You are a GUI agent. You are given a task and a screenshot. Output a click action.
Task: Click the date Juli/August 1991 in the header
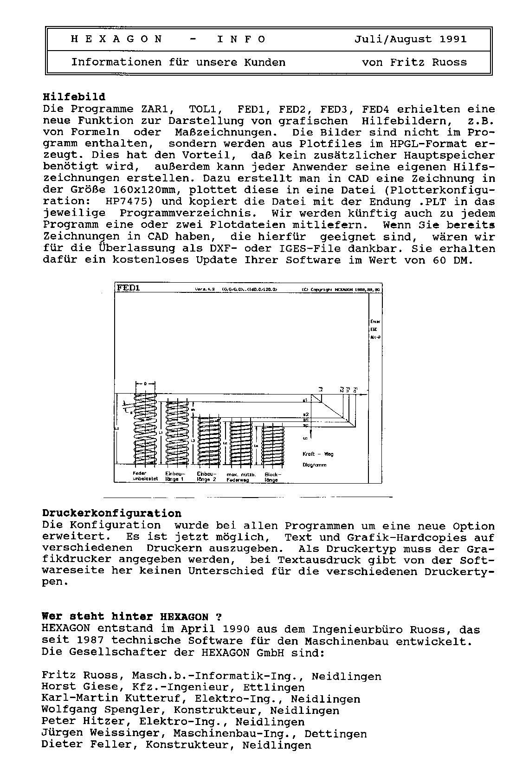tap(410, 39)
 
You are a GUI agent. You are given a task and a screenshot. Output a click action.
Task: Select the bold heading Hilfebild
tap(74, 97)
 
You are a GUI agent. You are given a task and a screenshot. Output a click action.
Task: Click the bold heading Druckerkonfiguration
tap(111, 514)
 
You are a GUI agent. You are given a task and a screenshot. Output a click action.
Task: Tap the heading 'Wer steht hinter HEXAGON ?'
tap(132, 617)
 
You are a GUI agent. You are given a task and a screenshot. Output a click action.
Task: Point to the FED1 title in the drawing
tap(129, 288)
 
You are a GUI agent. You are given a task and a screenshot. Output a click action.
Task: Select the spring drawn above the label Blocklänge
tap(273, 444)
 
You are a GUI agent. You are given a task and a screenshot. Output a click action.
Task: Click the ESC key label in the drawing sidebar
tap(374, 329)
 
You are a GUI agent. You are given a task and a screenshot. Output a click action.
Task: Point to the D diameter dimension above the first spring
tap(145, 384)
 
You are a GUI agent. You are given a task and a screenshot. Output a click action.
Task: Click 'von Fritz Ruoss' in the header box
tap(414, 62)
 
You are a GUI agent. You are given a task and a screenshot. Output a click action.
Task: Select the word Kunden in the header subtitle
tap(264, 62)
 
